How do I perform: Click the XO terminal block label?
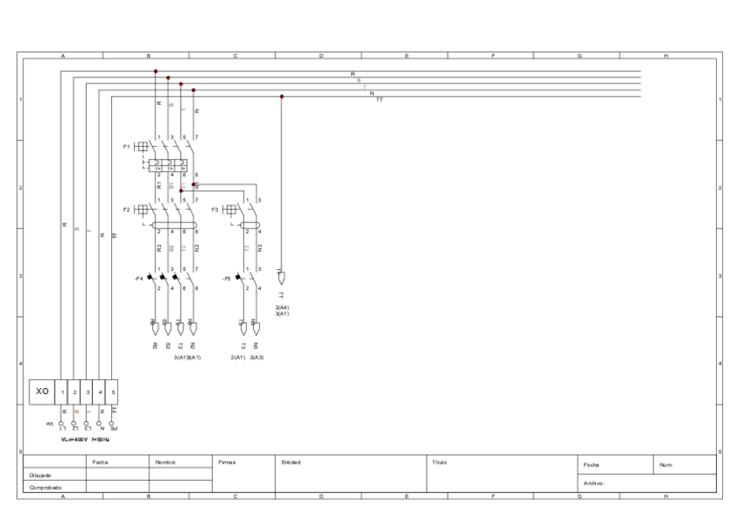click(42, 392)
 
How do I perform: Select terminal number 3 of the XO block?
click(88, 392)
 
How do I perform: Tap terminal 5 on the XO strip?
click(113, 392)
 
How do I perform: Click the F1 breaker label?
click(126, 147)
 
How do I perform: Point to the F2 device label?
click(126, 209)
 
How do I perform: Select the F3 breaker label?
click(215, 209)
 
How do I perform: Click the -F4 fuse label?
click(137, 279)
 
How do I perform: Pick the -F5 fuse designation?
click(227, 279)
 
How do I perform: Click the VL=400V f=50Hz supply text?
click(84, 439)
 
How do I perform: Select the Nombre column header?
click(165, 463)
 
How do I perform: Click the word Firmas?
click(227, 463)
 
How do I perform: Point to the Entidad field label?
click(291, 463)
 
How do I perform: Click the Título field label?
click(440, 463)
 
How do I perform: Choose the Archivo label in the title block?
click(594, 482)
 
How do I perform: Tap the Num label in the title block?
click(667, 466)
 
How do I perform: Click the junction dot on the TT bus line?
click(282, 96)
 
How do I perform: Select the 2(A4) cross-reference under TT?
click(282, 307)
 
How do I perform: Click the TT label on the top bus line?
click(379, 100)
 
